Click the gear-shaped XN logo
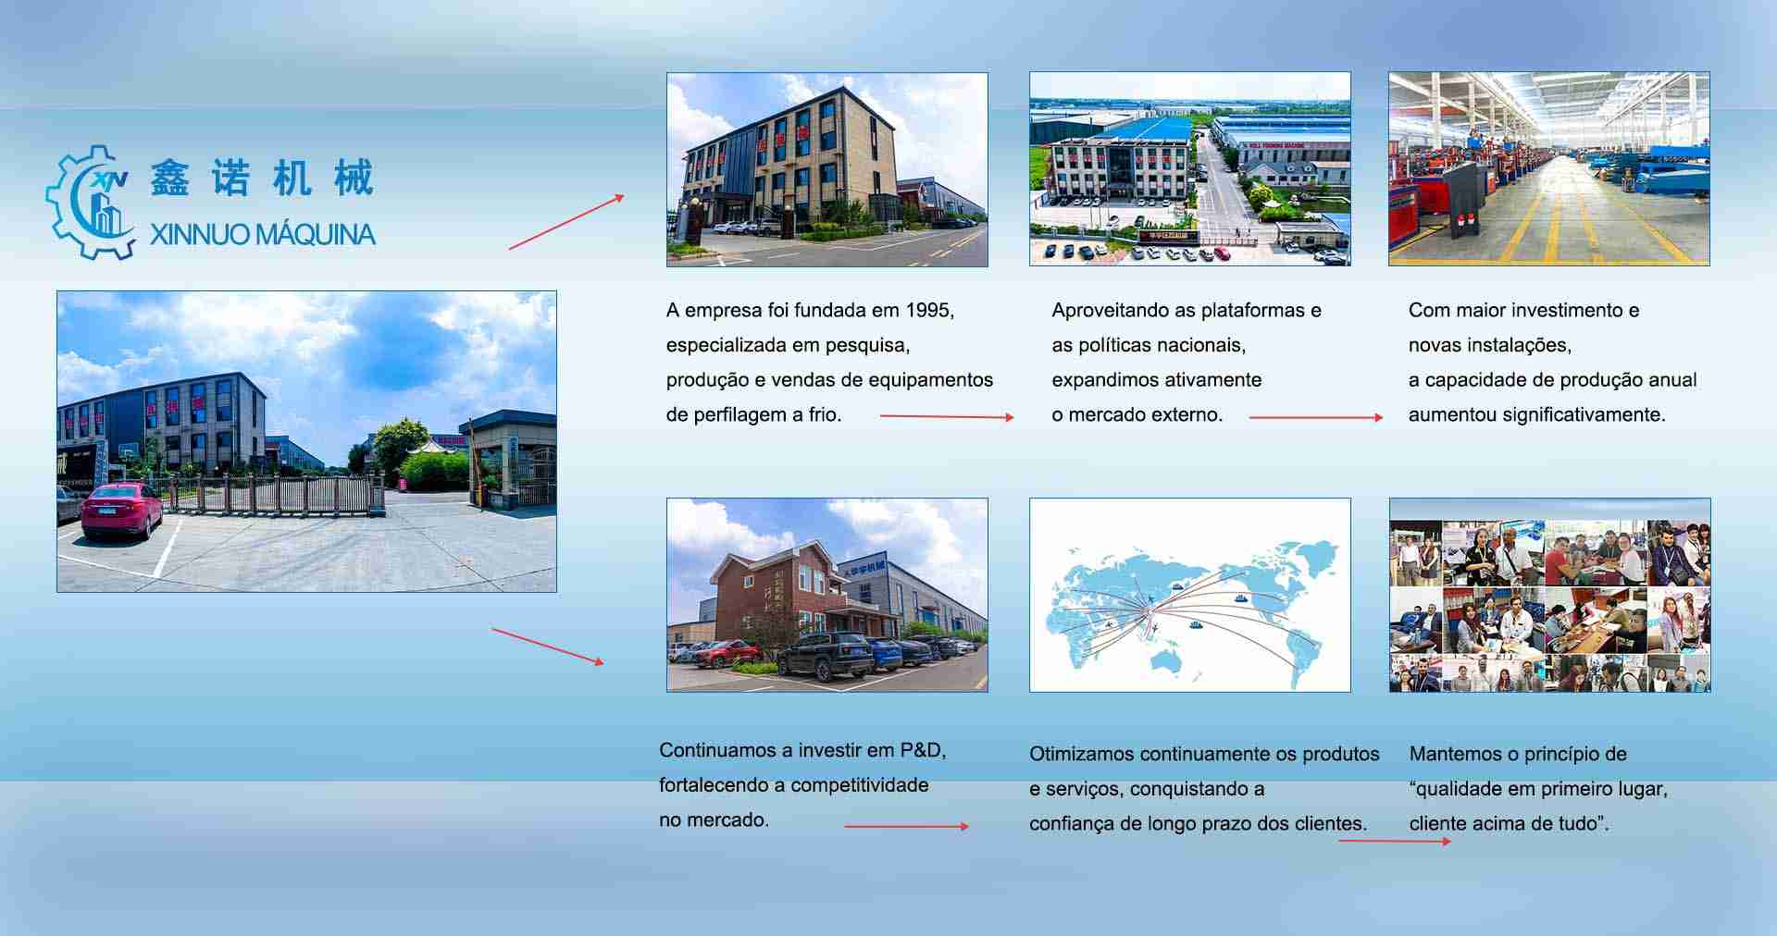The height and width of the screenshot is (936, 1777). coord(91,201)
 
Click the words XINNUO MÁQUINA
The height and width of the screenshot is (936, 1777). coord(263,235)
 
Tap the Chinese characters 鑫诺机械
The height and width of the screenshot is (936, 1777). coord(262,178)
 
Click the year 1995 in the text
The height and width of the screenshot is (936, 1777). coord(927,311)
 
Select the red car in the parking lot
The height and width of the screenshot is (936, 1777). coord(122,511)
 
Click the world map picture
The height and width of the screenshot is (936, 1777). coord(1190,595)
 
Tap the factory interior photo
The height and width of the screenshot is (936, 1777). coord(1549,169)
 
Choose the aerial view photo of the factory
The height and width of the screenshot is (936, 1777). coord(1190,169)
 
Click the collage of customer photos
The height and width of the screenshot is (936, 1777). coord(1550,595)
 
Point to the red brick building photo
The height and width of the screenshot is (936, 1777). coord(827,595)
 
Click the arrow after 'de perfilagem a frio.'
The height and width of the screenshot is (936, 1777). coord(947,417)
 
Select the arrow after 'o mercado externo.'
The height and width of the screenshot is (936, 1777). coord(1316,418)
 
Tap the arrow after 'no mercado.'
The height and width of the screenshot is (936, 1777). coord(907,826)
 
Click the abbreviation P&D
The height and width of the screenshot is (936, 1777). coord(920,751)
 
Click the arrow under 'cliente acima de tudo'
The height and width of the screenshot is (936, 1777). coord(1395,842)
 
